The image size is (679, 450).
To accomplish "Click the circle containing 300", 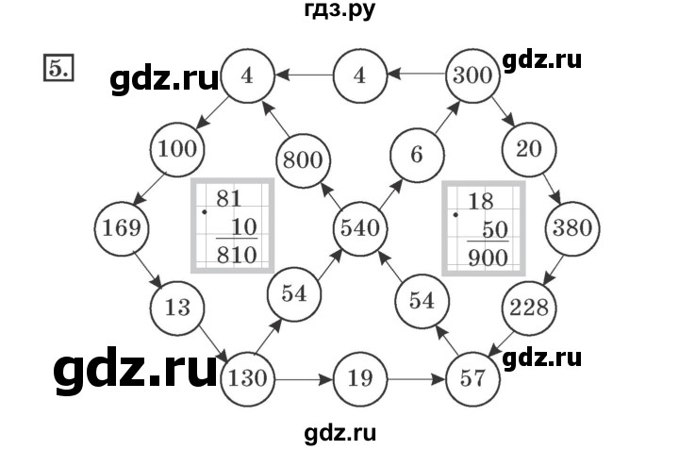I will [x=472, y=75].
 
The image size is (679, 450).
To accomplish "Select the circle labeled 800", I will [x=303, y=161].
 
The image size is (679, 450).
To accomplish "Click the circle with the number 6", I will [x=416, y=155].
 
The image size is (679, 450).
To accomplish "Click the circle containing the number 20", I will [x=529, y=148].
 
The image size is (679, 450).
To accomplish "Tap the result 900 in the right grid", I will [x=488, y=257].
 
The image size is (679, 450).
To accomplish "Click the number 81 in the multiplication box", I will [x=229, y=199].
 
